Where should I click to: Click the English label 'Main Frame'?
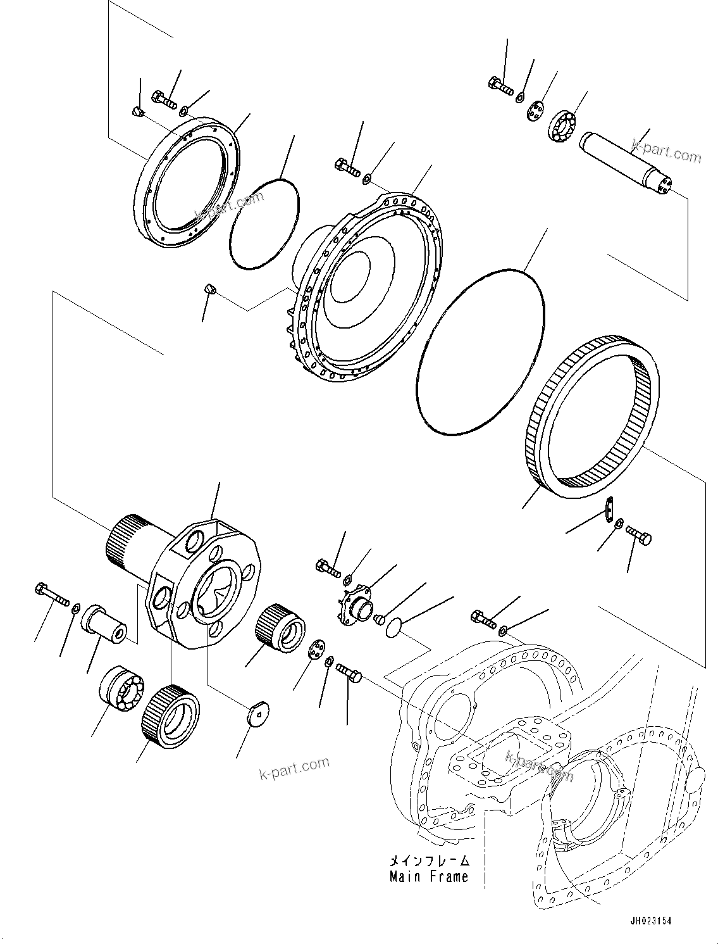429,876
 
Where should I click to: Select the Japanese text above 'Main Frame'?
430,860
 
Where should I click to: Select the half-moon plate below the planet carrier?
257,714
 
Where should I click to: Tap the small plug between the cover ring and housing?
210,290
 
